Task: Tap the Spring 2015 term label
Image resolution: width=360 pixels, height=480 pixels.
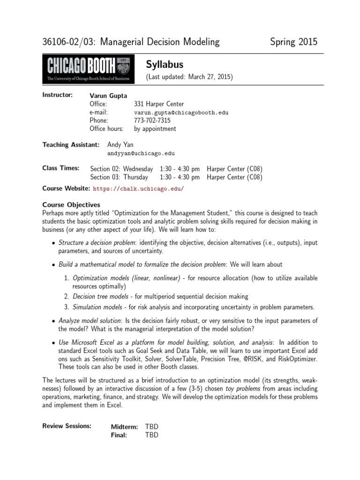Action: tap(293, 42)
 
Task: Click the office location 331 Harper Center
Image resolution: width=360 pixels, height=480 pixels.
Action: tap(159, 104)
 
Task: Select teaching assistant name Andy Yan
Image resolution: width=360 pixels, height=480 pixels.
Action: tap(120, 144)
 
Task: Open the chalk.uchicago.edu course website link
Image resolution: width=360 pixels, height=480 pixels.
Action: tap(139, 188)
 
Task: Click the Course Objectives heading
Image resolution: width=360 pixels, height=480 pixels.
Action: tap(71, 204)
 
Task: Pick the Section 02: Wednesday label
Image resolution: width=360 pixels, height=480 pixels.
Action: tap(121, 168)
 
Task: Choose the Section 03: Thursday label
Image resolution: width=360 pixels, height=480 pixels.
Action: tap(119, 177)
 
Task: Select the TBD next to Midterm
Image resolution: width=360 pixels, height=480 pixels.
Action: tap(152, 426)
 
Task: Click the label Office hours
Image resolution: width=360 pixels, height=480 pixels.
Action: tap(106, 128)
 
